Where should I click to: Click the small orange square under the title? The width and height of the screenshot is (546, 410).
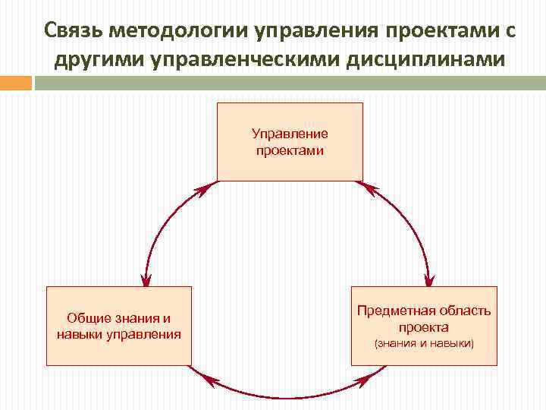point(15,83)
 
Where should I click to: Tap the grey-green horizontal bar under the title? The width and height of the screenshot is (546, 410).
point(289,83)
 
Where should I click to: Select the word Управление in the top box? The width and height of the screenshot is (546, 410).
point(290,134)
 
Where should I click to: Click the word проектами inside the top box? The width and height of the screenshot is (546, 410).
point(290,150)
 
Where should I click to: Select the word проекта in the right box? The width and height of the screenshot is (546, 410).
point(424,328)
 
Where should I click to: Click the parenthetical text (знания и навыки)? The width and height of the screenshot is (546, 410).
point(424,344)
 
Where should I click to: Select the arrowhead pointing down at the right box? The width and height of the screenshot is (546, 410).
point(428,278)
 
